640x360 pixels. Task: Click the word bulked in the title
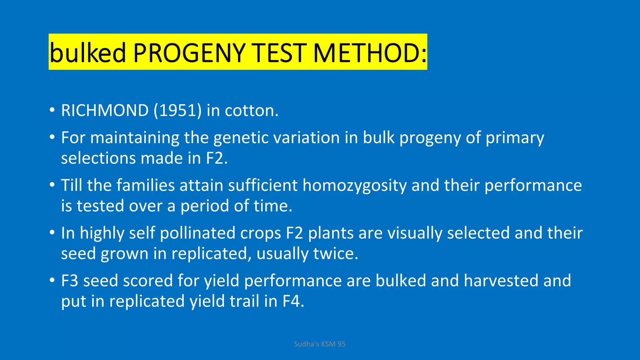pos(87,52)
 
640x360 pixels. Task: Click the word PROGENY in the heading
pos(189,52)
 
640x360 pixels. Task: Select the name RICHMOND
pos(105,110)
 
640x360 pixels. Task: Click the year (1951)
pos(177,110)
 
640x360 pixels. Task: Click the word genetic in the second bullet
pos(241,137)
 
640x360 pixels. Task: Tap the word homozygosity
pos(354,185)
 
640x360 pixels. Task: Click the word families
pos(146,185)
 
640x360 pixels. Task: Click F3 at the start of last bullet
pos(69,280)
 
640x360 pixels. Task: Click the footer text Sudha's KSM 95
pos(319,344)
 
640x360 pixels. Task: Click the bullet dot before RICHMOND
pos(52,111)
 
